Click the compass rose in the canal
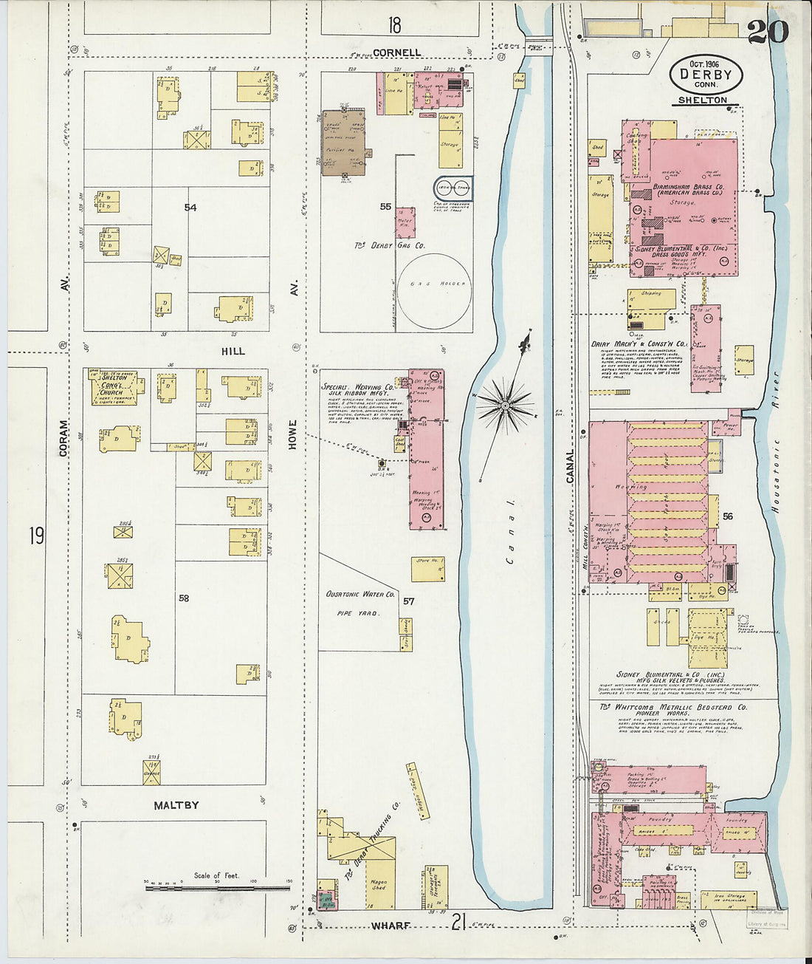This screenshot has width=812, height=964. click(x=506, y=404)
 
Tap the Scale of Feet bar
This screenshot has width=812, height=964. click(x=218, y=887)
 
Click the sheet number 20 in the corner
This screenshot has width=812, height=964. click(x=768, y=32)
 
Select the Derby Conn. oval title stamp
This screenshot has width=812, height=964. click(x=706, y=75)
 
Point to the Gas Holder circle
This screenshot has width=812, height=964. click(x=434, y=291)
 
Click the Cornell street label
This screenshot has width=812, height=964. click(x=397, y=52)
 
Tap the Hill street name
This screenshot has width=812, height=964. click(x=233, y=352)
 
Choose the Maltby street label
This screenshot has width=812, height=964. click(x=176, y=804)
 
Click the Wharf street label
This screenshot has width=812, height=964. click(x=390, y=925)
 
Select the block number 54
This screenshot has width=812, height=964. click(x=190, y=208)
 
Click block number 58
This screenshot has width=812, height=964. click(x=183, y=598)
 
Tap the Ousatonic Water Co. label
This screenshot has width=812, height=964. click(x=360, y=594)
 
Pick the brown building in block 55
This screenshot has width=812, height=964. click(x=343, y=143)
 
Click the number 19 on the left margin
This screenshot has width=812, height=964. click(x=36, y=536)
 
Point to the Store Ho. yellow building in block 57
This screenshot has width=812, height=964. click(x=428, y=568)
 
